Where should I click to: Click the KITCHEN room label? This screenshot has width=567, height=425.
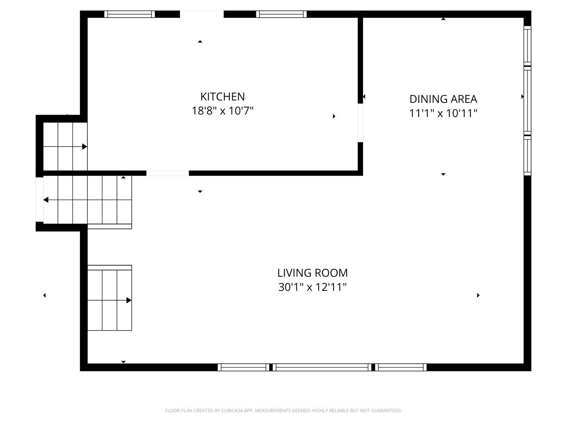point(222,97)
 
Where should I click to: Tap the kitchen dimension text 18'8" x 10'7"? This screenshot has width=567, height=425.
point(222,111)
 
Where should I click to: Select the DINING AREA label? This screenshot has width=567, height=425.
point(443,99)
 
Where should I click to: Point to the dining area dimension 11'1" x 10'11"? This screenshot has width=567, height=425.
point(443,113)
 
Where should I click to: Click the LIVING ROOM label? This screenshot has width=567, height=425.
point(312,273)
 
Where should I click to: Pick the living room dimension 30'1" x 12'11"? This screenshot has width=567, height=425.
point(312,287)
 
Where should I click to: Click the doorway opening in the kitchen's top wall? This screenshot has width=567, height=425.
point(202,14)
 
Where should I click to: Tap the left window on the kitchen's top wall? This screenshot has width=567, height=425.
point(130,14)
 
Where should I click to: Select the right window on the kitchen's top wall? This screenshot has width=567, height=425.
point(281,14)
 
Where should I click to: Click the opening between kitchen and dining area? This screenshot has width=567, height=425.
point(360,123)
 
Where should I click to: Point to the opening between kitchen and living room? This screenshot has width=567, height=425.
point(168,173)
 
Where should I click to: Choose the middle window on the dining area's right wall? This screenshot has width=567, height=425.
point(527,101)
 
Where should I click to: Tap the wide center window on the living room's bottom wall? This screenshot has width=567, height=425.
point(322,367)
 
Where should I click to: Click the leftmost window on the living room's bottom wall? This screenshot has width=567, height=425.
point(243,367)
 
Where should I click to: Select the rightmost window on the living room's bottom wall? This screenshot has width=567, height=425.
point(401,367)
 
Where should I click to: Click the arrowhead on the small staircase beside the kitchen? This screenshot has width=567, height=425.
point(85,146)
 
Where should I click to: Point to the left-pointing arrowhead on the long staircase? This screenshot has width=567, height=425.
point(46,200)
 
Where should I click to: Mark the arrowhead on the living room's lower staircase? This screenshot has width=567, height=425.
point(129,300)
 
